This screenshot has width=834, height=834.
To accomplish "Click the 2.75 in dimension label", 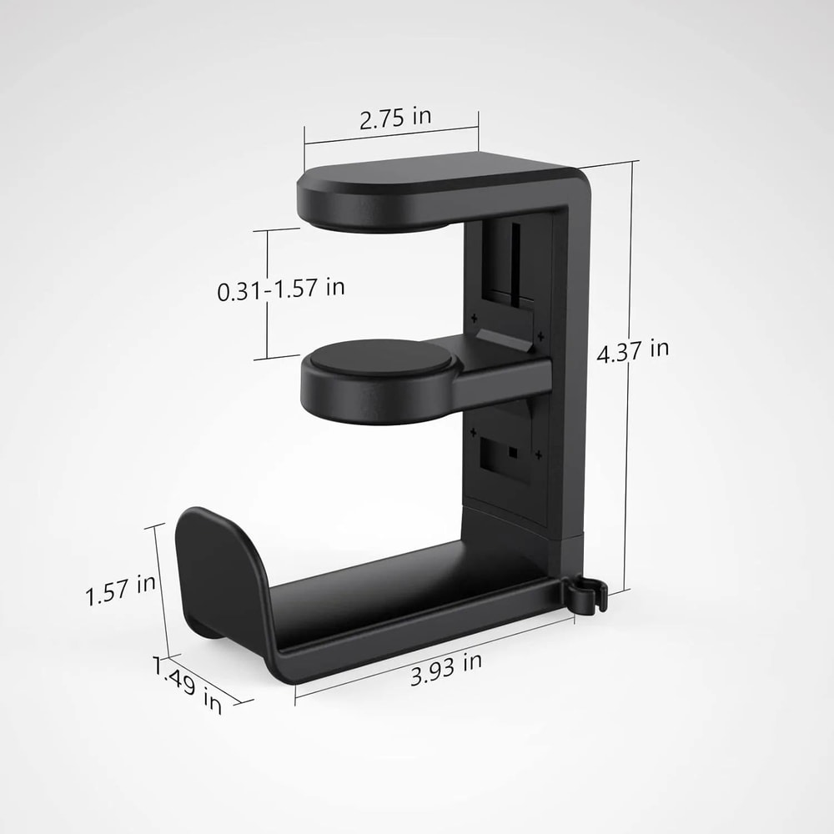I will coord(395,118).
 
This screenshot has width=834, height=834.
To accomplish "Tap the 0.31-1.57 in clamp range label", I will coord(281,289).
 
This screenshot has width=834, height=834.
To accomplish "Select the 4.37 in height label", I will coord(633,350).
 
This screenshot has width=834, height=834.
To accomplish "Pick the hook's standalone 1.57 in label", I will coord(120,590).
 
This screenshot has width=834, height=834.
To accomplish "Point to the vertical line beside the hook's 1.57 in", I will coord(163,588).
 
